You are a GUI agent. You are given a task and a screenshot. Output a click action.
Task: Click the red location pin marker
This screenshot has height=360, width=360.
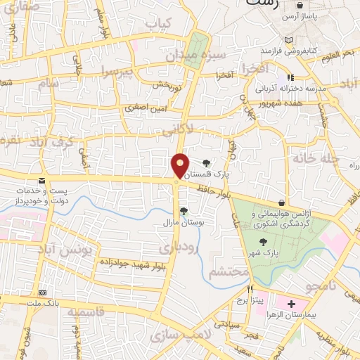point(180,165)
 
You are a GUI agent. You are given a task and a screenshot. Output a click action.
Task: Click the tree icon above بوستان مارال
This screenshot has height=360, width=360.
point(183,210)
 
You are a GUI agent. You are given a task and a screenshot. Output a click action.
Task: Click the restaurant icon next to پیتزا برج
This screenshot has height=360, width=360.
point(250,289)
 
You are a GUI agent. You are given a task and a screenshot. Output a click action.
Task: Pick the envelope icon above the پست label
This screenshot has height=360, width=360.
point(43,181)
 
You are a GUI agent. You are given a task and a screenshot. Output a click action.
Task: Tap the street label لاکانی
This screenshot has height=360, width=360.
point(176,130)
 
